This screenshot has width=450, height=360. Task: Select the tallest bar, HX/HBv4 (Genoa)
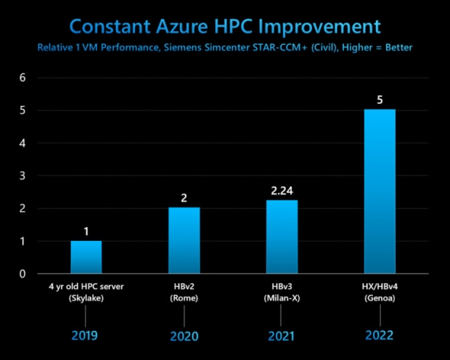(x=380, y=192)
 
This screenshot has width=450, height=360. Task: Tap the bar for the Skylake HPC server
(x=86, y=257)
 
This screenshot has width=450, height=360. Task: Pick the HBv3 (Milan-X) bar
(x=282, y=237)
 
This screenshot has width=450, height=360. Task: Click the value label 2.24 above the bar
(x=282, y=192)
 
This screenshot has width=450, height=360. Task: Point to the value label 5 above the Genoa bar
(x=380, y=100)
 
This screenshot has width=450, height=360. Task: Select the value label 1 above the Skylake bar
(x=86, y=232)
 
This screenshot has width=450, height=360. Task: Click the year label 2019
(x=86, y=335)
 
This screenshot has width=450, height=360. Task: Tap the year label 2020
(x=184, y=336)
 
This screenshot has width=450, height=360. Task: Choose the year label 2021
(x=282, y=336)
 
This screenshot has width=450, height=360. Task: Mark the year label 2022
(x=380, y=335)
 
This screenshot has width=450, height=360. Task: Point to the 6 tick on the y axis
(x=22, y=77)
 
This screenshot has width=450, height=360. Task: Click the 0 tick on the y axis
(x=22, y=274)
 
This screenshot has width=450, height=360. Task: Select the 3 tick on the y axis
(x=22, y=176)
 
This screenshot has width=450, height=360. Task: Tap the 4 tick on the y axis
(x=22, y=143)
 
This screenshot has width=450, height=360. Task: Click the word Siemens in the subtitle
(x=208, y=48)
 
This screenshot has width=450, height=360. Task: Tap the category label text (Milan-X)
(x=282, y=298)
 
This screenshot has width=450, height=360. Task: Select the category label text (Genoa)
(x=380, y=298)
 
